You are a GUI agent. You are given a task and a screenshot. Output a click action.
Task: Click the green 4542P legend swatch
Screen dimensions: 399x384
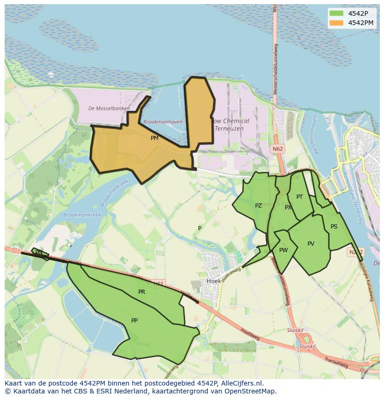coord(336,13)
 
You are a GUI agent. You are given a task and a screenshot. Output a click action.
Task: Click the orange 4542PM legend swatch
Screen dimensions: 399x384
coord(336,23)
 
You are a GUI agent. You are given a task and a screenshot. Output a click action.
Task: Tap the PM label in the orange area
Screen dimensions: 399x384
coord(154,138)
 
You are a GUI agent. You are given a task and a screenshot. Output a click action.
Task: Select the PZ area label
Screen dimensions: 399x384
coord(258,206)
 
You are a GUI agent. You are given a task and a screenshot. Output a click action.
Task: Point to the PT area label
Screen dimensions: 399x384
coord(300,197)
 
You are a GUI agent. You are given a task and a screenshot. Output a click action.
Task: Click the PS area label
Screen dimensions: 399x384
coord(334,227)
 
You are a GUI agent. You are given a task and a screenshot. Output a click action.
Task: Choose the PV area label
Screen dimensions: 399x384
coord(311,244)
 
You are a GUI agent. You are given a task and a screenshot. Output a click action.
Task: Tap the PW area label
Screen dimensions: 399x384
coord(283,250)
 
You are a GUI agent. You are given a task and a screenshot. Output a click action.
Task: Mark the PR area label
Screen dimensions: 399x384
coord(141,292)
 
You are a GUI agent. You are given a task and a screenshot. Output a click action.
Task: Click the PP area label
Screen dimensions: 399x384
coord(134,320)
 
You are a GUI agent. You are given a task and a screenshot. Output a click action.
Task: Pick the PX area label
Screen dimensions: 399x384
coord(288,208)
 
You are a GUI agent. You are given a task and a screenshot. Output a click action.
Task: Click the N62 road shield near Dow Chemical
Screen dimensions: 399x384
coord(278,149)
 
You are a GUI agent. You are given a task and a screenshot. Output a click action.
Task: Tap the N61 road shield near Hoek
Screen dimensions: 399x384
coord(159,283)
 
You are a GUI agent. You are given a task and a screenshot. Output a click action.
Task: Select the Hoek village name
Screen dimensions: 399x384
coord(214,281)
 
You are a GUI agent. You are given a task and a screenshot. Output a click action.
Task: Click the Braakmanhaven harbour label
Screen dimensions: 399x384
coord(163,122)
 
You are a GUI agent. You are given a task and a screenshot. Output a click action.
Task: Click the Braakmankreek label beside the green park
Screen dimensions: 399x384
coord(76,215)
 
